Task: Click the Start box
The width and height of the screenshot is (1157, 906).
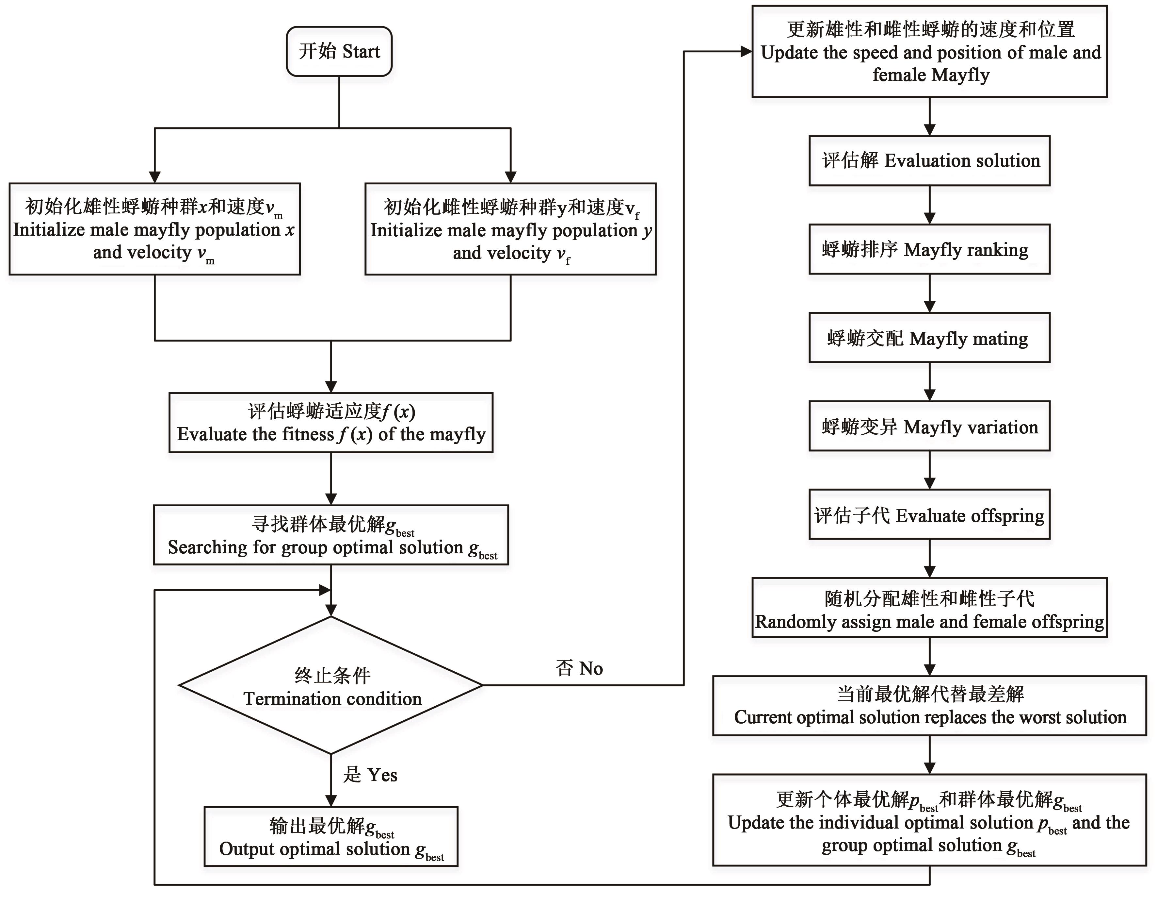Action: pos(339,51)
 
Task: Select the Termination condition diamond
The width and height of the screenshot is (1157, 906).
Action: pos(331,685)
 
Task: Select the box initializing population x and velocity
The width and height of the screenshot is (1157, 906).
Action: pos(155,229)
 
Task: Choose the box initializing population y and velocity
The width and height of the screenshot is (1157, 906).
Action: pos(510,229)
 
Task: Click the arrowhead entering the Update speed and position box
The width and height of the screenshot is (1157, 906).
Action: pos(746,51)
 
